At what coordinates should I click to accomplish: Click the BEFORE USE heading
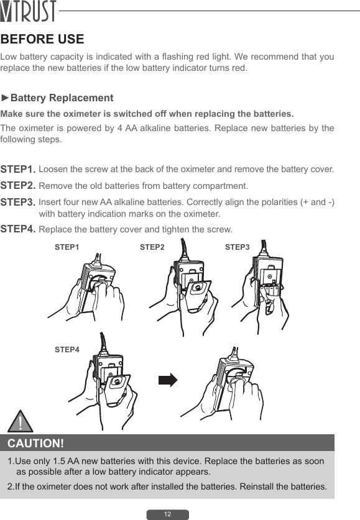tap(42, 39)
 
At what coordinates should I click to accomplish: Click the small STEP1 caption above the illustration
tap(67, 247)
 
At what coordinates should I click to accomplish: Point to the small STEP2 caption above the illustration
tap(152, 247)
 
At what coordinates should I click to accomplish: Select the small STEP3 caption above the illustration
tap(237, 247)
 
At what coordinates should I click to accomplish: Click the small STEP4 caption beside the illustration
tap(67, 350)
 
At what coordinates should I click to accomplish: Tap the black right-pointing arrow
tap(168, 380)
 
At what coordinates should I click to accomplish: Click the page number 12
tap(167, 514)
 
